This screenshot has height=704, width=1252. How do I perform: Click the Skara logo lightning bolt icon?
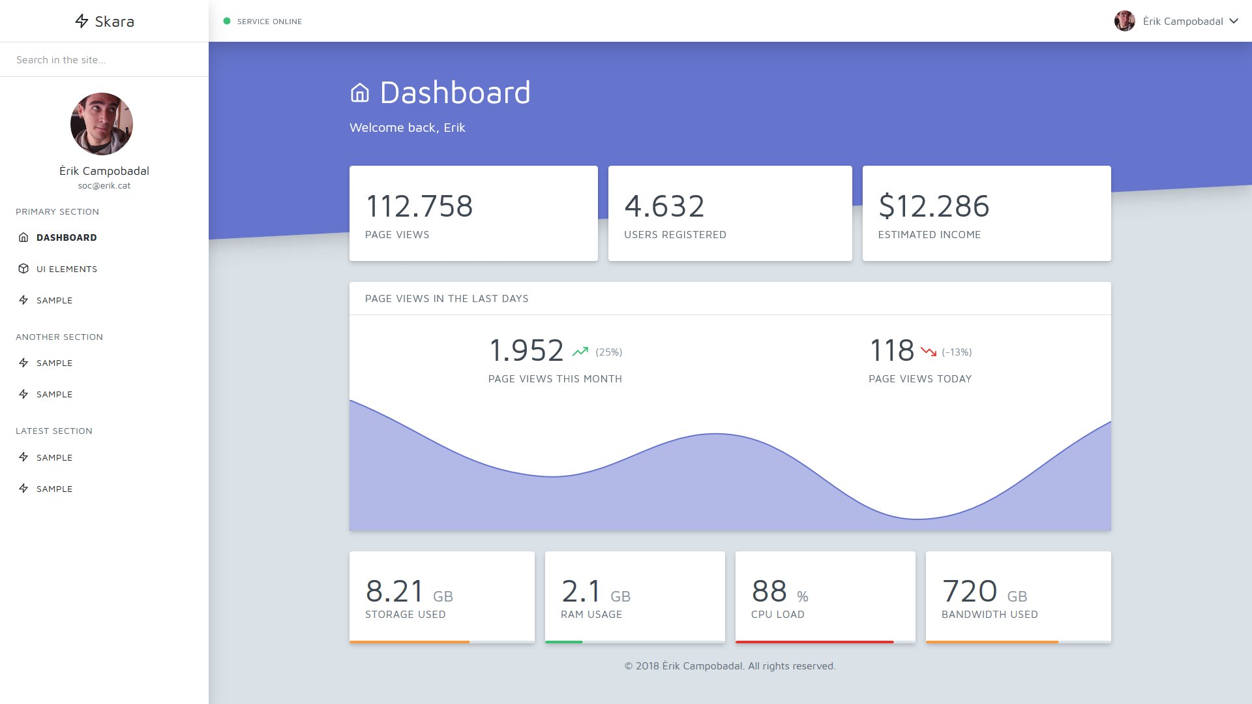coord(82,21)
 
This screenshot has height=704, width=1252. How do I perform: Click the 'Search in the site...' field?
coord(104,60)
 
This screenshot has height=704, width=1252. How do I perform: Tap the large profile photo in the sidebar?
coord(102,124)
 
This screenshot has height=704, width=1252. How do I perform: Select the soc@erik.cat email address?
coord(104,186)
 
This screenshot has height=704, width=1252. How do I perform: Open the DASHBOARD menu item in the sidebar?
coord(67,237)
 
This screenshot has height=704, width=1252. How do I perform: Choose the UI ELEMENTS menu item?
coord(67,269)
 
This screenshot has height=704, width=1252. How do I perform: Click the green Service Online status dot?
coord(227,21)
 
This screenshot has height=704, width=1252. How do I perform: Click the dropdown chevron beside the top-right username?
coord(1234,21)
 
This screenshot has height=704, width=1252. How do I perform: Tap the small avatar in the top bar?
coord(1125,21)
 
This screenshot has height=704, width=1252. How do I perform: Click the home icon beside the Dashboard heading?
coord(360,93)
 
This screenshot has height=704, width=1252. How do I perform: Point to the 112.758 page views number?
coord(419,206)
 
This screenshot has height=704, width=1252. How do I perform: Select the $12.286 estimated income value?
coord(934,206)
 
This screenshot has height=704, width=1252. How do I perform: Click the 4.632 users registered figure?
coord(664,206)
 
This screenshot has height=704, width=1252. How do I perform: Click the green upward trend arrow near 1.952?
coord(580,352)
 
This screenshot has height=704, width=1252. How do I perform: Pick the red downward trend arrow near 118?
coord(929,352)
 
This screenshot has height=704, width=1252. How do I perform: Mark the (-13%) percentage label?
coord(957,352)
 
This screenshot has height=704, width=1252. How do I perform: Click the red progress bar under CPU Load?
coord(814,642)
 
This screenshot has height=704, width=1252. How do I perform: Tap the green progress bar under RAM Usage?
coord(564,642)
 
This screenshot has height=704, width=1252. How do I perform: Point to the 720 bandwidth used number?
coord(970,591)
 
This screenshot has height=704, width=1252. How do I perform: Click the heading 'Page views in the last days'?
coord(447,299)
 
